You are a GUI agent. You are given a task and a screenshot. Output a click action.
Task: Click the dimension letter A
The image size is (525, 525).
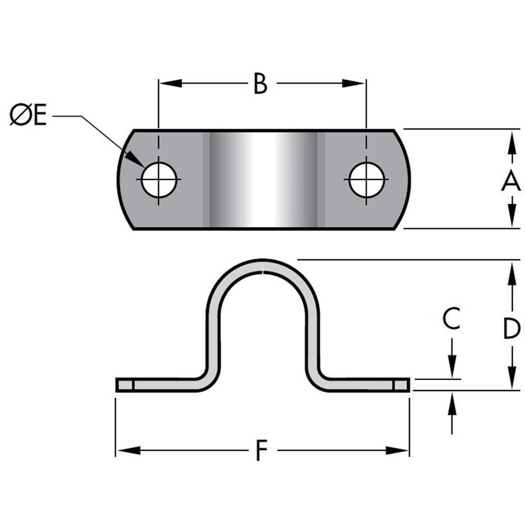pyautogui.click(x=510, y=182)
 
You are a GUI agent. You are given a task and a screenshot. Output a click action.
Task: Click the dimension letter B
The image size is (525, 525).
pyautogui.click(x=260, y=83)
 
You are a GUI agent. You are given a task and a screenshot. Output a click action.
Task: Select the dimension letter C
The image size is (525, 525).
pyautogui.click(x=451, y=319)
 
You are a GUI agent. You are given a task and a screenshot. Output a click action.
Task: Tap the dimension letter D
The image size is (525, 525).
pyautogui.click(x=511, y=329)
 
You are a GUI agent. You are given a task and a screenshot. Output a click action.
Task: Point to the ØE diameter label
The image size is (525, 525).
pyautogui.click(x=28, y=116)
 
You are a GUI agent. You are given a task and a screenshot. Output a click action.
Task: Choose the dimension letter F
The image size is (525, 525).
pyautogui.click(x=260, y=451)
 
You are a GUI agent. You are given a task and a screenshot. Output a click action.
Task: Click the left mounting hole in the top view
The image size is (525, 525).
pyautogui.click(x=159, y=180)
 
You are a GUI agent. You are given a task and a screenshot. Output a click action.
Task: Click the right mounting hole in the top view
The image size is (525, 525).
pyautogui.click(x=366, y=180)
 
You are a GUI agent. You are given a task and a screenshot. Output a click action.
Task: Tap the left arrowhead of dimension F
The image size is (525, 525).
pyautogui.click(x=126, y=450)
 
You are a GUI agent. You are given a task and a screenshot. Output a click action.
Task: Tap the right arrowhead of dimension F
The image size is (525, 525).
pyautogui.click(x=398, y=450)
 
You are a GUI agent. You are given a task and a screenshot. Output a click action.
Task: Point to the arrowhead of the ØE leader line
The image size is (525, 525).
pyautogui.click(x=137, y=162)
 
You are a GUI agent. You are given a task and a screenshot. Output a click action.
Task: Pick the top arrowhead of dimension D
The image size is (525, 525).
pyautogui.click(x=511, y=270)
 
